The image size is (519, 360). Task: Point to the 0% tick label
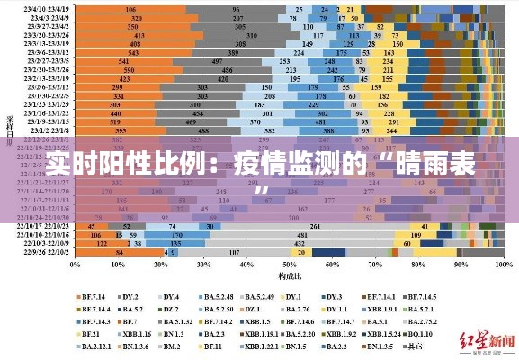coord(76,265)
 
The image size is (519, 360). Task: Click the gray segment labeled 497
coord(217,60)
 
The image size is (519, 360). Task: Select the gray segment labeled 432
coord(298,243)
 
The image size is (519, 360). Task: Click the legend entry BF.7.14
coord(94,296)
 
